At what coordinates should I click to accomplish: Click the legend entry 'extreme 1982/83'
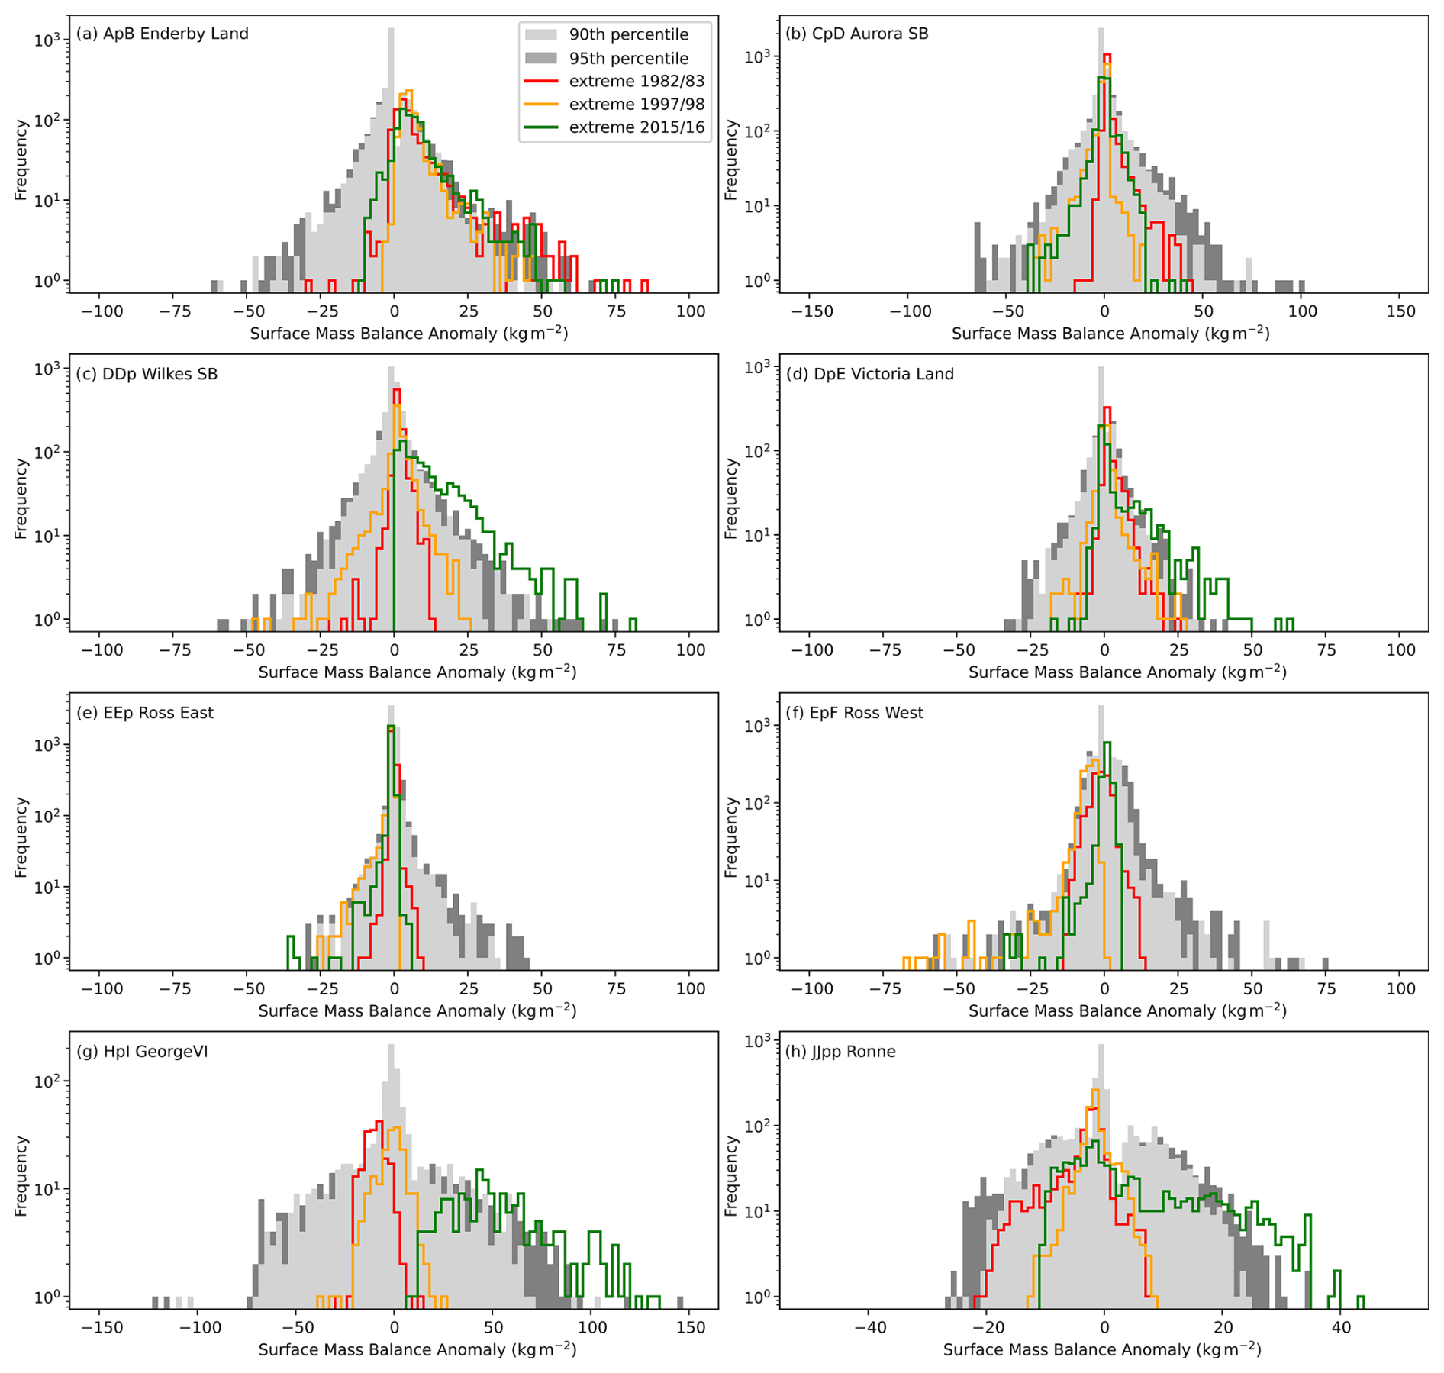636,81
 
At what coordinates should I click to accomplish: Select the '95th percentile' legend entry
628,58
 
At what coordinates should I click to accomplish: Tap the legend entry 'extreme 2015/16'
636,127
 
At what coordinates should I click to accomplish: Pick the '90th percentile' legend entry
628,34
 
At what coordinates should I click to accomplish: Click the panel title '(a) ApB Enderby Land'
163,34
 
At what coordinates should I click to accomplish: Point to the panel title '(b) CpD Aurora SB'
857,34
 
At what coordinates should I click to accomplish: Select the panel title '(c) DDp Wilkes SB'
147,374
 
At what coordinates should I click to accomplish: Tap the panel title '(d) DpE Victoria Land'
870,374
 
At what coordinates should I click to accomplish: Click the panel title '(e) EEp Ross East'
145,713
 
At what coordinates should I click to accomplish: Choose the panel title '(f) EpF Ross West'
855,713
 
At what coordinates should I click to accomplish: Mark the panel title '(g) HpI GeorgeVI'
142,1052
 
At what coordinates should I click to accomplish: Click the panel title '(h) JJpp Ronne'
840,1052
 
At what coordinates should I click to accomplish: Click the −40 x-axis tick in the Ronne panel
869,1328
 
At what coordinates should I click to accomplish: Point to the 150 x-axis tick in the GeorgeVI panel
691,1328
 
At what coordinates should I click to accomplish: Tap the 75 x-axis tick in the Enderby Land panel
617,311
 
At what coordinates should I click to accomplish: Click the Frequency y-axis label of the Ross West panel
731,837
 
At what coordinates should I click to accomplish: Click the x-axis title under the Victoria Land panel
1127,672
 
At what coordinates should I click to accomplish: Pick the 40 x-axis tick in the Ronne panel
1341,1328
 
